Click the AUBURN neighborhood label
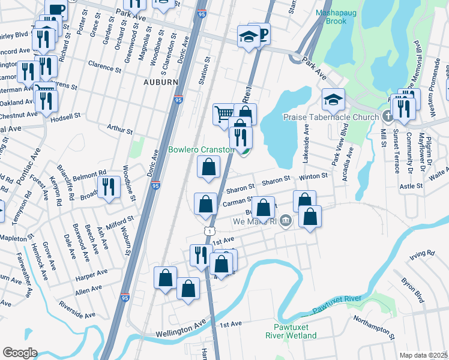tap(160, 82)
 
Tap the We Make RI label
tap(255, 221)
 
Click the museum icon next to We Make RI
tap(286, 221)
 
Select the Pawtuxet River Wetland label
tap(292, 331)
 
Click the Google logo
tap(20, 353)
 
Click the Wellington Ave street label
tap(179, 330)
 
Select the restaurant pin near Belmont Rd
tap(108, 186)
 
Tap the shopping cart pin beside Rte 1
tap(224, 113)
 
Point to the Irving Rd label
tap(421, 255)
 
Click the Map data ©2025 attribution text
tap(424, 355)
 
